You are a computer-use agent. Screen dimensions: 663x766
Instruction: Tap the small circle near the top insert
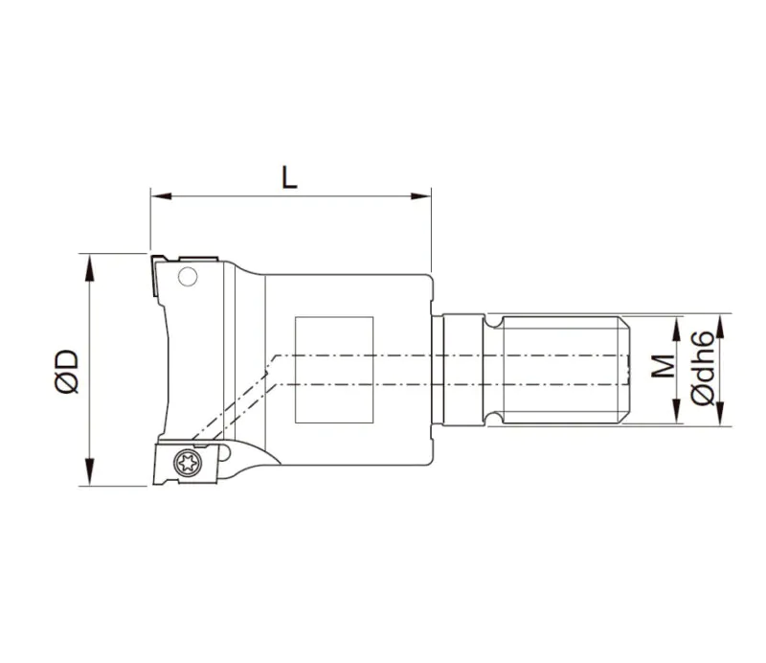(189, 279)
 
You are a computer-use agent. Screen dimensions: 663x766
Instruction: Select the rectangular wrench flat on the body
(333, 370)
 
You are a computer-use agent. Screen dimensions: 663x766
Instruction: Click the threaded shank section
(560, 370)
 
